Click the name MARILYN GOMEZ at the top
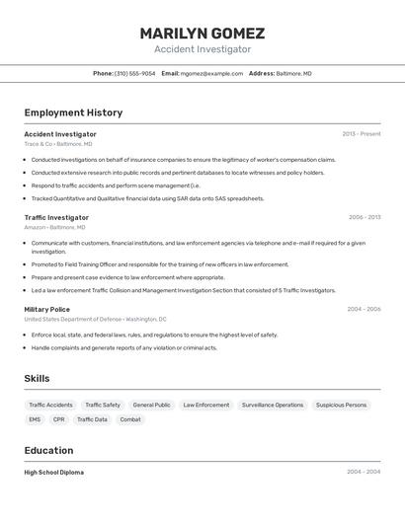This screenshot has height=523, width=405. pos(202,34)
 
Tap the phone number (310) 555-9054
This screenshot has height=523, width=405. pos(135,73)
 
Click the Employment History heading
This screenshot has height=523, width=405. pos(73,112)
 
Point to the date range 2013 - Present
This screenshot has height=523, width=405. pos(361,134)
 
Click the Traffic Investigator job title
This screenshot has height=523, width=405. pos(56,217)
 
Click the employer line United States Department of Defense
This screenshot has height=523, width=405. pos(96,320)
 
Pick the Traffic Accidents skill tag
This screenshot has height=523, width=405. pos(50,405)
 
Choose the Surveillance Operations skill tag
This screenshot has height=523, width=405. pos(273,405)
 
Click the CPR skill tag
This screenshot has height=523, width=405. pos(59,419)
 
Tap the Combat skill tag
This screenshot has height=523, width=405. pos(130,419)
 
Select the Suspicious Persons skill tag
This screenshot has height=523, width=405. pos(341,405)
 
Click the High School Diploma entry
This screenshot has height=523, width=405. pos(54,473)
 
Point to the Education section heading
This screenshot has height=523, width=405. pos(49,450)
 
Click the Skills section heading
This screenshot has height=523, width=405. pos(37,379)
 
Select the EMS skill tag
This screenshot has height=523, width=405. pos(35,419)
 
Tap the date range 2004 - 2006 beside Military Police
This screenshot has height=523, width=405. pos(364,309)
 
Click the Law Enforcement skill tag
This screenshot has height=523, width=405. pos(206,405)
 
